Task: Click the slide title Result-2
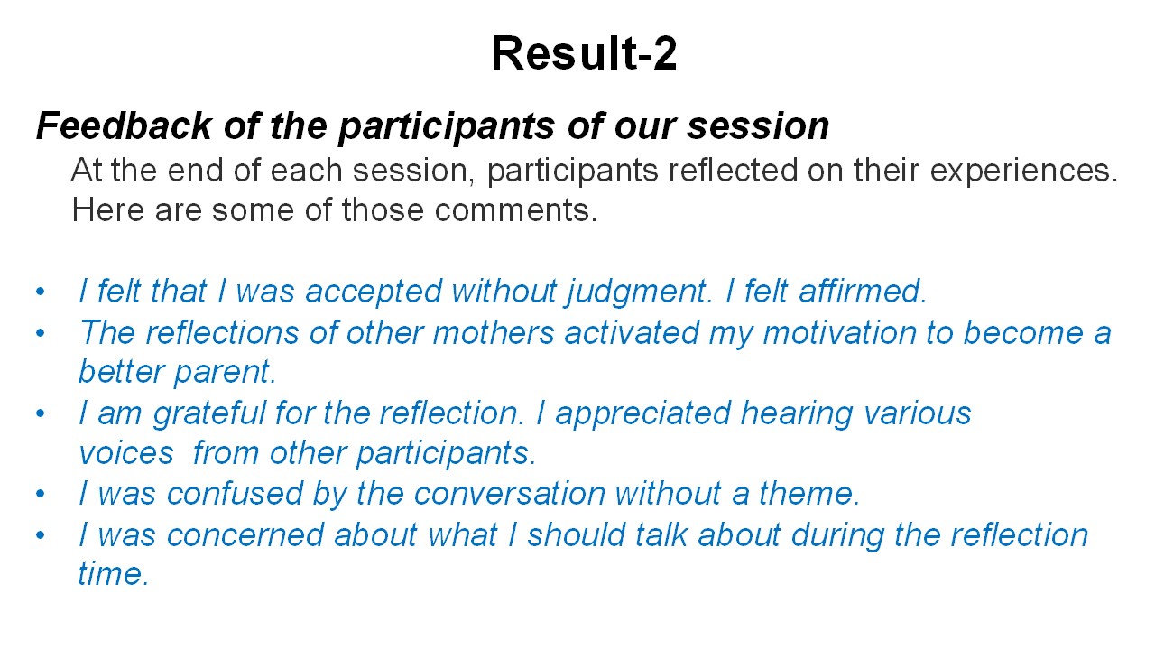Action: coord(584,52)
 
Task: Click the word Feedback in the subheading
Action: coord(124,125)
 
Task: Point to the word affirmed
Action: coord(863,291)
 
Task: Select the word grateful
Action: coord(208,413)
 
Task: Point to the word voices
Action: coord(126,453)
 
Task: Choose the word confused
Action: coord(235,494)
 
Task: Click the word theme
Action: coord(809,494)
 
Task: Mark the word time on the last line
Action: coord(113,573)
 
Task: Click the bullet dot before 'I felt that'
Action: coord(41,292)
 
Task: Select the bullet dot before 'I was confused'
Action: coord(41,494)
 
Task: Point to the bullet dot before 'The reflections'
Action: coord(41,333)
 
